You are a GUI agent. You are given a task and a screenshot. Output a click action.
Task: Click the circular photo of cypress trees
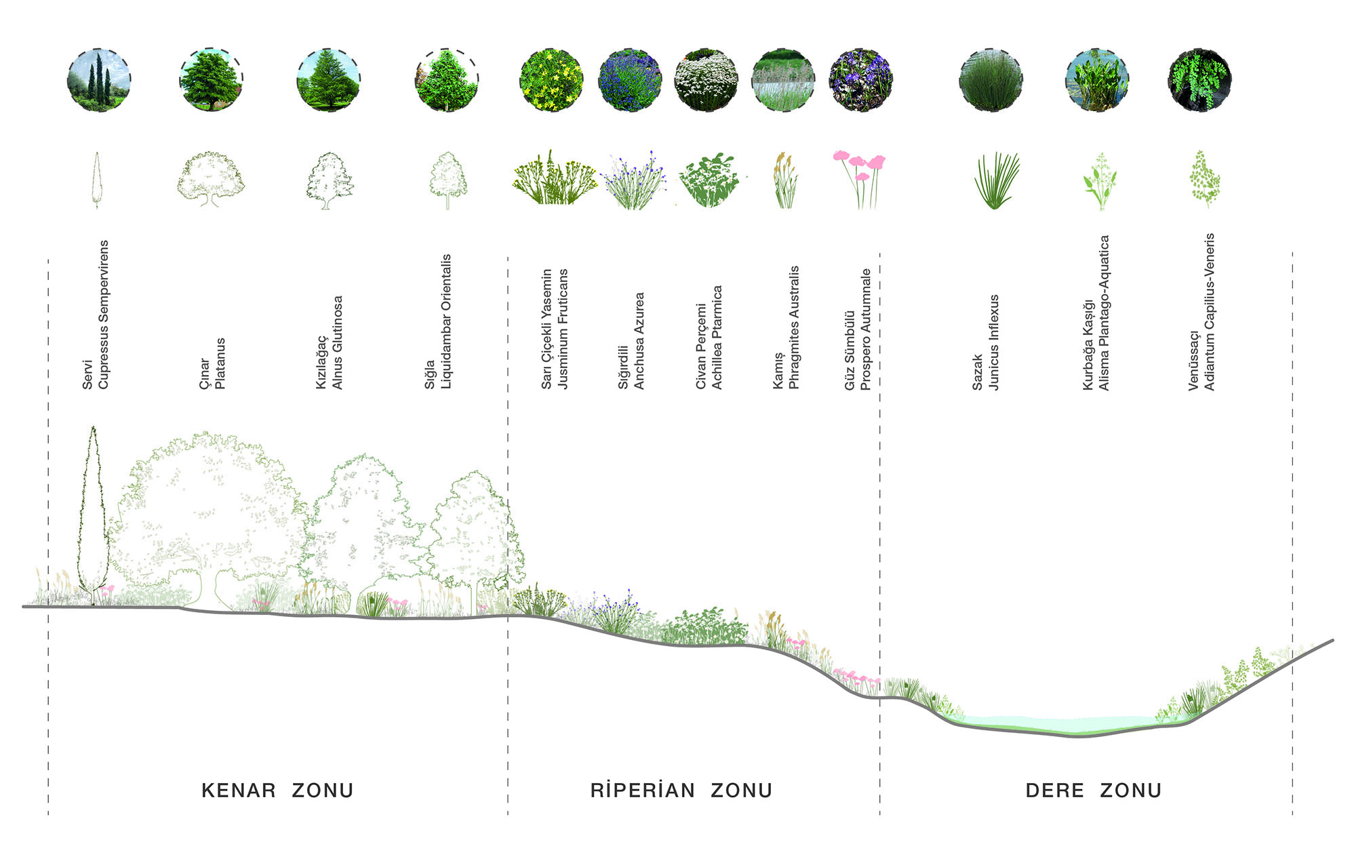click(99, 80)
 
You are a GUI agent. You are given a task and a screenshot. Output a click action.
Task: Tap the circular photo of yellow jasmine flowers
click(551, 80)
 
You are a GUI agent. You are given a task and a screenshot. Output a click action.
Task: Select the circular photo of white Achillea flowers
click(706, 80)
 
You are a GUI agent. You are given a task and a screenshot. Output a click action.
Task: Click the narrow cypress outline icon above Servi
click(96, 180)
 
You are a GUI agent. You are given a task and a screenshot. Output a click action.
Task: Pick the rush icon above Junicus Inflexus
click(996, 180)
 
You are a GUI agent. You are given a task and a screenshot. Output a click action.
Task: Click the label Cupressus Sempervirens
click(103, 315)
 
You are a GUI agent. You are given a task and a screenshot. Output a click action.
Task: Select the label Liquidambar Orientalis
click(446, 322)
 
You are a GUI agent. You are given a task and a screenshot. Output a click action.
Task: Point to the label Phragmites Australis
click(795, 327)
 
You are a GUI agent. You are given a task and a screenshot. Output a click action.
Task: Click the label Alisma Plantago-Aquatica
click(1104, 313)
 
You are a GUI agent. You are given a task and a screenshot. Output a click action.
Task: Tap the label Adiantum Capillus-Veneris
click(1210, 312)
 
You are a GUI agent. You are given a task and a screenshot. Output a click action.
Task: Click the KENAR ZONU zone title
click(277, 790)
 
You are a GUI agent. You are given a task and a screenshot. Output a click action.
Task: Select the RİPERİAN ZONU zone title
click(681, 790)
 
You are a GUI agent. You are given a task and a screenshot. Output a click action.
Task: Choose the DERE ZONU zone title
click(1094, 790)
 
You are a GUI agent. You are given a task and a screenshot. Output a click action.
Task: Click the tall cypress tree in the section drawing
click(93, 515)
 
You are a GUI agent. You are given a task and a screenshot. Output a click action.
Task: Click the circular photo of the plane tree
click(211, 80)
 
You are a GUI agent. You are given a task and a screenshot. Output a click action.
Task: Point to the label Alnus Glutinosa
click(337, 342)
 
